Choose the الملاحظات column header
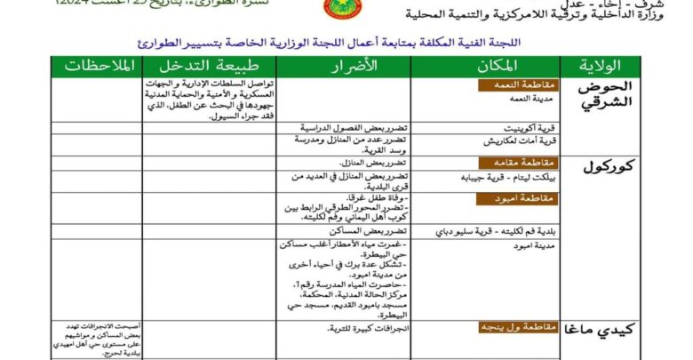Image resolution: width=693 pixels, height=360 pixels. (97, 67)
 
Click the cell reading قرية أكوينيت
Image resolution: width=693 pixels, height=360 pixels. (531, 127)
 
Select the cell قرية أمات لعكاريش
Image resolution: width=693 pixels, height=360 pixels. (523, 140)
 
